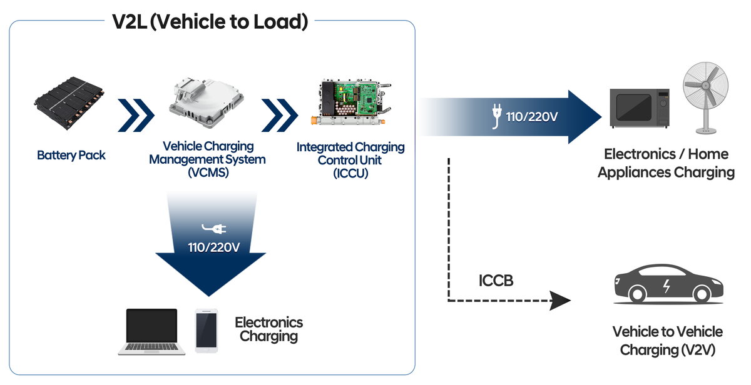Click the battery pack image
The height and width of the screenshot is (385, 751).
tap(69, 102)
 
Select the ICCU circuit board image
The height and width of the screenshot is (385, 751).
tap(351, 102)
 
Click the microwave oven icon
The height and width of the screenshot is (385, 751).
tap(640, 107)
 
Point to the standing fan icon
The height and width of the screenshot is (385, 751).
tap(705, 97)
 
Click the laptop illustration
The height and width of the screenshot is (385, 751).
tap(151, 331)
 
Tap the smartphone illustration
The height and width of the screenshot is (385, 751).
tap(206, 331)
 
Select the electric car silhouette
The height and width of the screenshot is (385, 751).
tap(668, 284)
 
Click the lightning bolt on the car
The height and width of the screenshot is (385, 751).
tap(667, 286)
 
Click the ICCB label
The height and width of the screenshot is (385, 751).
tap(496, 281)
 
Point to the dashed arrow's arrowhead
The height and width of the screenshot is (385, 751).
tap(560, 300)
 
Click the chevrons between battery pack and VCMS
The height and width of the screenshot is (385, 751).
tap(136, 115)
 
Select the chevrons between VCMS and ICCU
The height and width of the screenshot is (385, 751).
tap(280, 115)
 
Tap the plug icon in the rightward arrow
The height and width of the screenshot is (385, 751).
tap(496, 116)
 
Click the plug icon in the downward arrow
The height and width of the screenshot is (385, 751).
tap(214, 228)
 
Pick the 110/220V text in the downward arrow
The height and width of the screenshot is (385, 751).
tap(214, 247)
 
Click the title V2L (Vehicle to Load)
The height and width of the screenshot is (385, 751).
tap(210, 21)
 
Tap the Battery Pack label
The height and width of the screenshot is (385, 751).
tap(71, 155)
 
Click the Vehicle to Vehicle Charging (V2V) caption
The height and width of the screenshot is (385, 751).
tap(668, 341)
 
